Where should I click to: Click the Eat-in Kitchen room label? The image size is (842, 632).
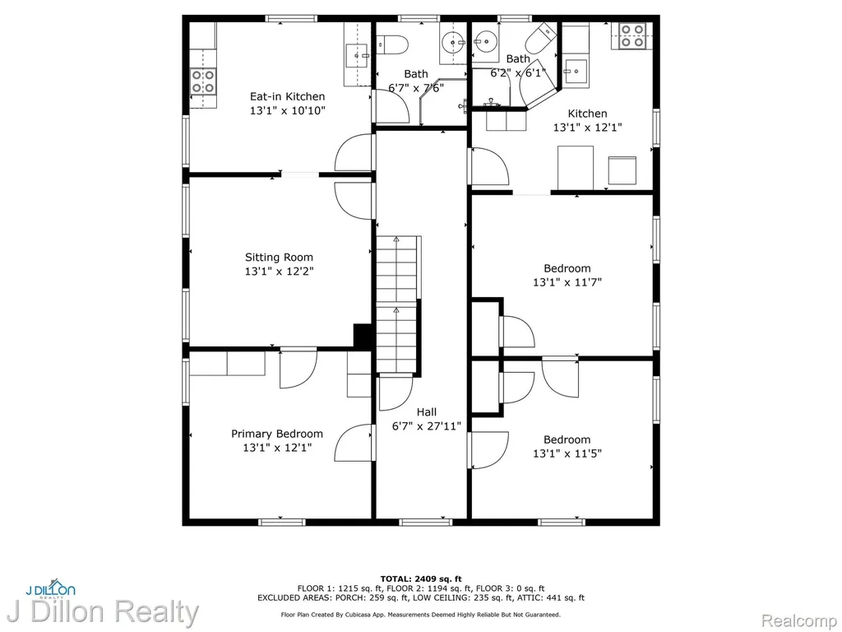click(x=287, y=97)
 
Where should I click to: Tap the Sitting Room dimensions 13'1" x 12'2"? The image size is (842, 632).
click(x=280, y=272)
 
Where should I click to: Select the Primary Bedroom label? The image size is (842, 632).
click(x=277, y=434)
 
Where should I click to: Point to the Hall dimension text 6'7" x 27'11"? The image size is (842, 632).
click(x=427, y=427)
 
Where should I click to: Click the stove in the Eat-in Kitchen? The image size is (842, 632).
click(x=204, y=81)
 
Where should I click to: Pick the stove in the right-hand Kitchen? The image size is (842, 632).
click(x=632, y=35)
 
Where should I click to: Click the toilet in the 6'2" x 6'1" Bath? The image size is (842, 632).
click(x=541, y=39)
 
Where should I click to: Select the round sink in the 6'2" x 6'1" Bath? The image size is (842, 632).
click(x=487, y=40)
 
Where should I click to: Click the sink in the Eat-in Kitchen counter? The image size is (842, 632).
click(x=357, y=55)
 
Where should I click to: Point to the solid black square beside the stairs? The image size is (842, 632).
click(x=363, y=336)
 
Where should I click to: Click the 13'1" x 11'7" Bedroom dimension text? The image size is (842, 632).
click(x=567, y=282)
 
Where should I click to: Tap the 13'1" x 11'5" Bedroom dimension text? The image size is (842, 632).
click(x=567, y=453)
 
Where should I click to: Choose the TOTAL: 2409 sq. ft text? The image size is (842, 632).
click(x=421, y=579)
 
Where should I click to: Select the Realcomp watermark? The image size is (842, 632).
click(x=798, y=620)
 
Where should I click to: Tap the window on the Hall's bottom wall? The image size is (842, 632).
click(x=426, y=522)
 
